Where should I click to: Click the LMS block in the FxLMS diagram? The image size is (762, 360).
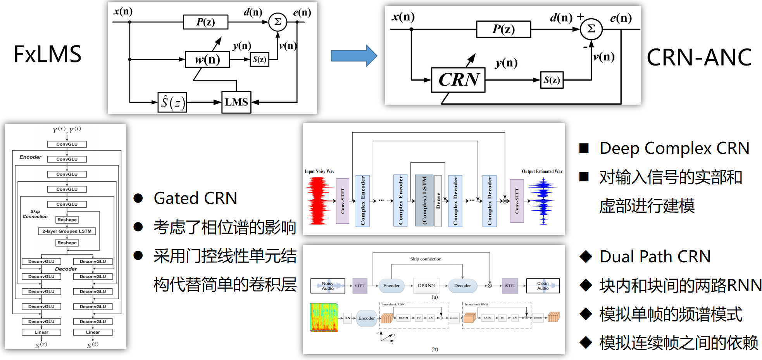pos(236,102)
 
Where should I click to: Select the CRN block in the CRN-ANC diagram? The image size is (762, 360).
pos(458,80)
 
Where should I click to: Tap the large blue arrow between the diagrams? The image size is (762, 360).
pos(353,56)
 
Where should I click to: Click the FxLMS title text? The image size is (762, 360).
pos(47,54)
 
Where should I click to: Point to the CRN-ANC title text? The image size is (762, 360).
pos(699,57)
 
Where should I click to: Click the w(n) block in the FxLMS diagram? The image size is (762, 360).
pos(207,60)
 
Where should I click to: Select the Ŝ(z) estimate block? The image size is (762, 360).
pos(172,103)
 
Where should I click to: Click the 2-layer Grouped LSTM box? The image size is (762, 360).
pos(67,231)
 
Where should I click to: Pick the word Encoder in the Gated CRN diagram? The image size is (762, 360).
pos(30,157)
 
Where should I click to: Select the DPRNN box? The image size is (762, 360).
pos(426,286)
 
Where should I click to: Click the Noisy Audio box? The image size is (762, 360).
pos(328,286)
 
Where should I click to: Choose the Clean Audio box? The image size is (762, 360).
pos(543,286)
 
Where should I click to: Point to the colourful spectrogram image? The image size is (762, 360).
pos(324,317)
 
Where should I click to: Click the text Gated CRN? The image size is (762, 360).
pos(195,198)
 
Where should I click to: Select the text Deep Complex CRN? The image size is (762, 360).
pos(674,148)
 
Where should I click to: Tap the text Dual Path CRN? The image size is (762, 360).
pos(655,257)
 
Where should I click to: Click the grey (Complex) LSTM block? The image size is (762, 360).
pos(424,200)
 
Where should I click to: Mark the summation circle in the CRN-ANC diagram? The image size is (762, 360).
pos(591,29)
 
